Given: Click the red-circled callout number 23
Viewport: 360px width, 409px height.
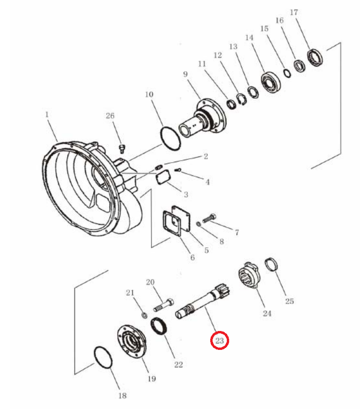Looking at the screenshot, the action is pyautogui.click(x=220, y=340).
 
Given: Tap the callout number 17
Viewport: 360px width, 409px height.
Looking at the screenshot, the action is pyautogui.click(x=294, y=12).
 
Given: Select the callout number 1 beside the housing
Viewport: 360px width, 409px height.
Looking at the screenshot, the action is pyautogui.click(x=47, y=114).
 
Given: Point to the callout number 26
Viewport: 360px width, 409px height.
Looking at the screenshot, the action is pyautogui.click(x=110, y=115).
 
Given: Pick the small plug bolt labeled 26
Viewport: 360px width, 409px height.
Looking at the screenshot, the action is pyautogui.click(x=122, y=148).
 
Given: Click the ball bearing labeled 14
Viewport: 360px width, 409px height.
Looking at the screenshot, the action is pyautogui.click(x=271, y=83).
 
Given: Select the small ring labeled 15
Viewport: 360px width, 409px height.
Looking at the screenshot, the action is pyautogui.click(x=287, y=73).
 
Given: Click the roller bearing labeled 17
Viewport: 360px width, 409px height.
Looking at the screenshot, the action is pyautogui.click(x=315, y=58).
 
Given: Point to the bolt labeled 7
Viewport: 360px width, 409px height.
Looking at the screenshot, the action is pyautogui.click(x=209, y=218).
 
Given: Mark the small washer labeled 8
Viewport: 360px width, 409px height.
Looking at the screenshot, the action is pyautogui.click(x=198, y=224).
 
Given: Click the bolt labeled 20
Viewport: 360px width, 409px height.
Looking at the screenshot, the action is pyautogui.click(x=164, y=305).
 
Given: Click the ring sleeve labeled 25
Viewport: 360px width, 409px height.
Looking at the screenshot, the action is pyautogui.click(x=271, y=264).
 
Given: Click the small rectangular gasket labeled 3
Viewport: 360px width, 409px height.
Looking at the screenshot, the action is pyautogui.click(x=163, y=177).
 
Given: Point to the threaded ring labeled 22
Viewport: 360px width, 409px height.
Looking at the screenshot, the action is pyautogui.click(x=159, y=326).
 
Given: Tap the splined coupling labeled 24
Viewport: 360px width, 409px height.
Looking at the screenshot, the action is pyautogui.click(x=249, y=276).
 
